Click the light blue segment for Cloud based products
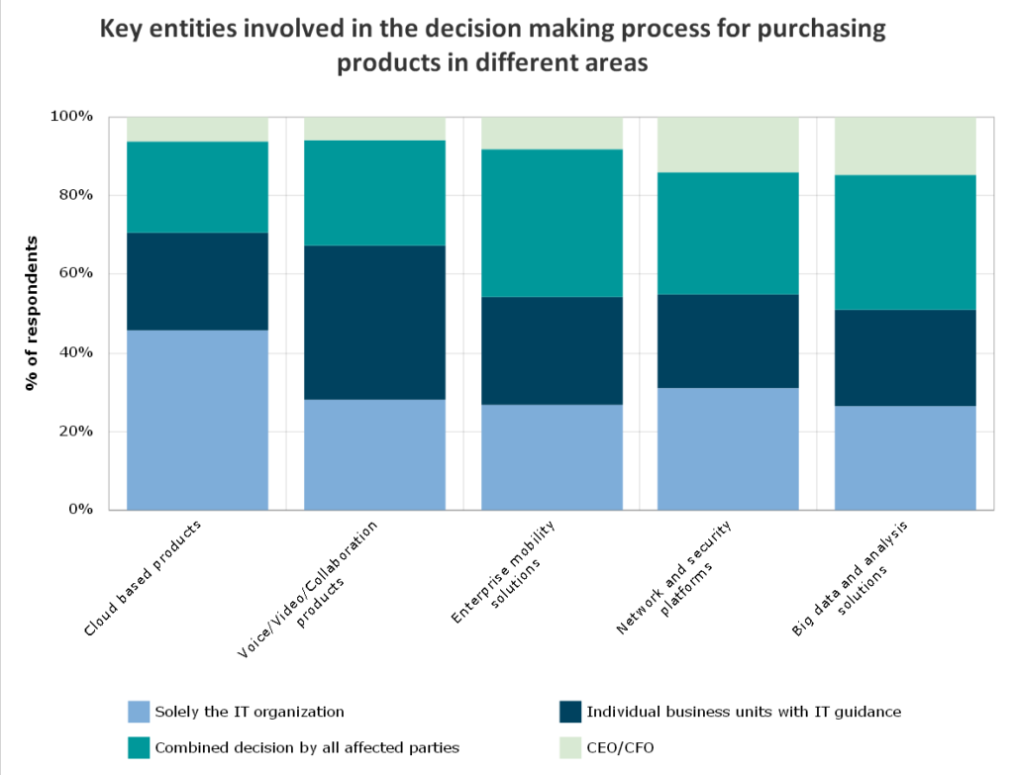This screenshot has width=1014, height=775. click(x=197, y=420)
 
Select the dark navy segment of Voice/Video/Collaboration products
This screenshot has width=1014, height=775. click(x=373, y=322)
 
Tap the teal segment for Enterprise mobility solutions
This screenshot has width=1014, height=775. click(x=552, y=223)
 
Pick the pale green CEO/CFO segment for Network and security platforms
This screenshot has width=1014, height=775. click(x=728, y=145)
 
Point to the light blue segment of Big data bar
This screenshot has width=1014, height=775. click(x=905, y=457)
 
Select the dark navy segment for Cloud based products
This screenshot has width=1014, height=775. click(x=197, y=281)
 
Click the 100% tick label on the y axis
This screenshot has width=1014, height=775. click(x=71, y=117)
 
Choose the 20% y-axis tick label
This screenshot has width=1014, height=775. click(x=75, y=432)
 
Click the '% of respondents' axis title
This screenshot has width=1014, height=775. click(x=32, y=313)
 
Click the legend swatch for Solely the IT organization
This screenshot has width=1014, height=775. click(x=139, y=712)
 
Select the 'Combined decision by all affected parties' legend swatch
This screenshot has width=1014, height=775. click(x=139, y=747)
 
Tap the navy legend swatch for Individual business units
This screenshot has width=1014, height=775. click(x=570, y=712)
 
